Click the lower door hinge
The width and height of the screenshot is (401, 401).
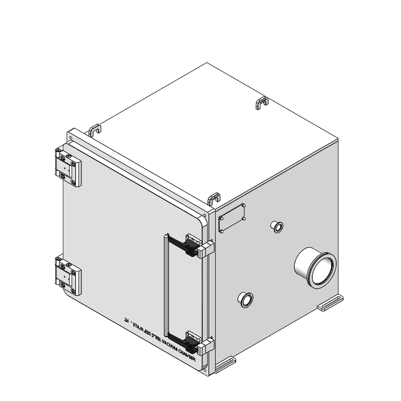click(68, 276)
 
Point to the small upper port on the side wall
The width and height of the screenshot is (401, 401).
click(277, 227)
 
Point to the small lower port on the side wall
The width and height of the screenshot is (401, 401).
click(245, 299)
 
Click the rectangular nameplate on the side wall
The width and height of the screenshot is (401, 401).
click(232, 218)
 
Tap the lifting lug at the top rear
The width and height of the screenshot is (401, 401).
click(262, 103)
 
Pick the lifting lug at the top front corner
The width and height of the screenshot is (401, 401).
click(214, 198)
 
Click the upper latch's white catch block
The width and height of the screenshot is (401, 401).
click(207, 249)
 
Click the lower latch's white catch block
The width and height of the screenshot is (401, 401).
click(206, 346)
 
